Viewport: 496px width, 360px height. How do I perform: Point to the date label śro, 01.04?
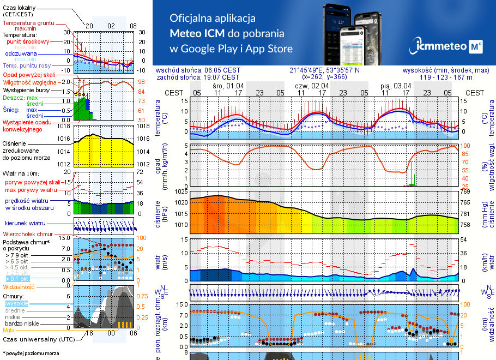pos(228,86)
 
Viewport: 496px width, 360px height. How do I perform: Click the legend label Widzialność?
pos(19,286)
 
